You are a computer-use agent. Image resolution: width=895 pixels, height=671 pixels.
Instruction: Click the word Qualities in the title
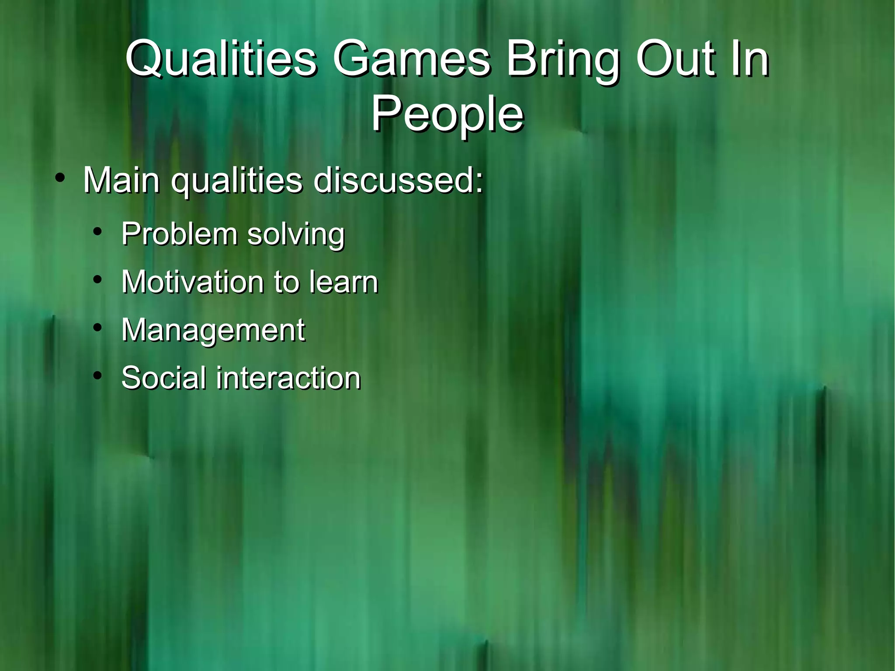tap(221, 59)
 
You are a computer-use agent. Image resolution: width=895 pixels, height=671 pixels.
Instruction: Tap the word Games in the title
tap(412, 59)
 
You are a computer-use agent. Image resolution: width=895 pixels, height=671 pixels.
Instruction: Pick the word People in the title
tap(447, 115)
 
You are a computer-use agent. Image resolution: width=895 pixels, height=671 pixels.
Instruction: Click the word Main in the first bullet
tap(121, 180)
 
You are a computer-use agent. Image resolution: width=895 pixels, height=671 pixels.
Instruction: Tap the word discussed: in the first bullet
tap(399, 180)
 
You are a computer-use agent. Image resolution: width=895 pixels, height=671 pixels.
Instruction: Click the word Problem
tap(179, 233)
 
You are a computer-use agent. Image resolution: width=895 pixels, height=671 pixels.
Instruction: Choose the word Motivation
tap(192, 282)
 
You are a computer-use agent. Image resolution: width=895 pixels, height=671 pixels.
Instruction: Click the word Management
tap(213, 330)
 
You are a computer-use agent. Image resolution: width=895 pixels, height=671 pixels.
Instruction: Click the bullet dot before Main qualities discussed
tap(60, 179)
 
